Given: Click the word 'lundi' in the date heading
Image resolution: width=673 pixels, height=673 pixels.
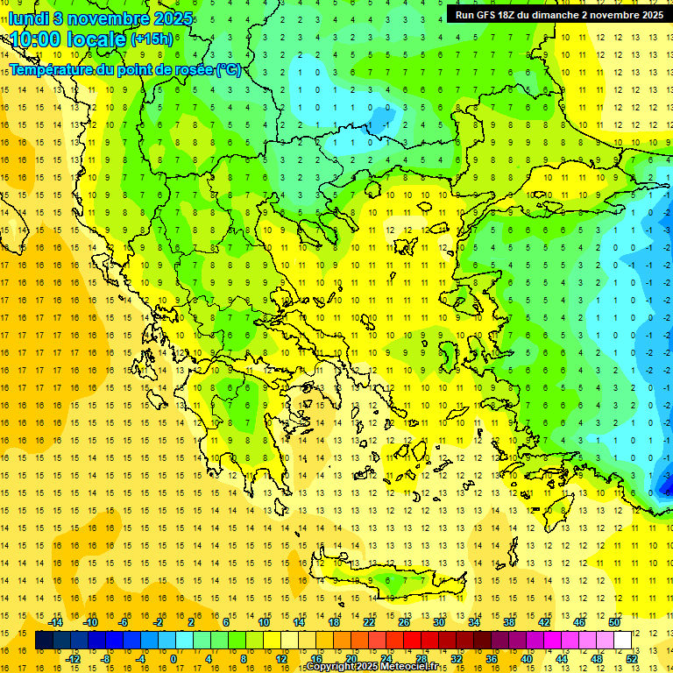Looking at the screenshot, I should [x=29, y=18].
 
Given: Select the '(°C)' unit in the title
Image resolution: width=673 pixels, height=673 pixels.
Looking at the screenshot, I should [x=228, y=69].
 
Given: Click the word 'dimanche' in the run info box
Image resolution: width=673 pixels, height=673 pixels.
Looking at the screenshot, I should [x=557, y=15].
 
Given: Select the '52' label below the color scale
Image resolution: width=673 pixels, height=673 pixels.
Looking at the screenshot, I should [x=630, y=658].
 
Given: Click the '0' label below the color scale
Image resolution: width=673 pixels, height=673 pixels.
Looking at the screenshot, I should [x=174, y=658].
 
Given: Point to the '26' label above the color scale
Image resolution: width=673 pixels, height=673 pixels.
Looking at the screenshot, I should [x=404, y=622].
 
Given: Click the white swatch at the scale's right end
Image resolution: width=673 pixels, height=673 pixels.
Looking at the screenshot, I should [x=622, y=640].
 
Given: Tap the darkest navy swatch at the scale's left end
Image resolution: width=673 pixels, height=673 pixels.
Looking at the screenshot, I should [x=45, y=640].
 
